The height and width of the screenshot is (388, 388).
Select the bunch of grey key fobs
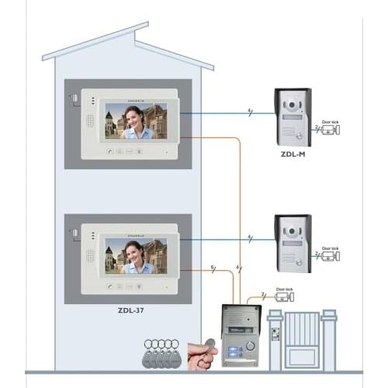click(163, 352)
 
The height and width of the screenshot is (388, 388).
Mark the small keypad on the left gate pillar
click(274, 335)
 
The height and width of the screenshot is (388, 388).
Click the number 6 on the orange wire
click(213, 268)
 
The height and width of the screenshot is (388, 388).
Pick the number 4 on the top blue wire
click(249, 113)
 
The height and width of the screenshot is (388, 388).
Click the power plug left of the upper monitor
click(74, 99)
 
